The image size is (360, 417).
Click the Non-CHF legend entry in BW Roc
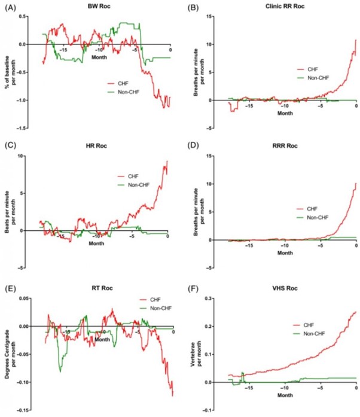(126, 92)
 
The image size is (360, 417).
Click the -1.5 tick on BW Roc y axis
(27, 129)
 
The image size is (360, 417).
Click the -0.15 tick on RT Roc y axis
(25, 410)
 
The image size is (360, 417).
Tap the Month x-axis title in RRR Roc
(286, 254)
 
